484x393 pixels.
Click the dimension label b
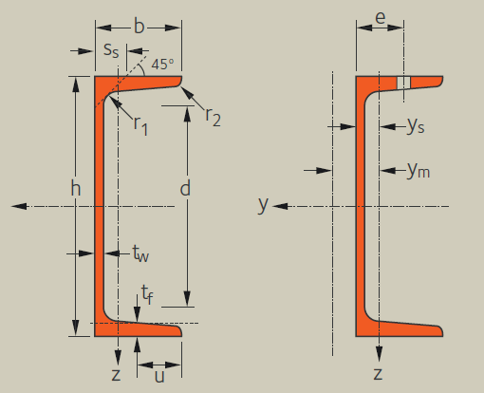(140, 26)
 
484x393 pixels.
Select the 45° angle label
(162, 65)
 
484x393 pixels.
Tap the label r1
(140, 125)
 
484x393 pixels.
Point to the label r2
(213, 117)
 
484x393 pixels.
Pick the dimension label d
(185, 188)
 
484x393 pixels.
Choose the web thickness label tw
(140, 253)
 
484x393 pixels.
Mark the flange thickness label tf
(147, 294)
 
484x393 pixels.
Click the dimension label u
(159, 376)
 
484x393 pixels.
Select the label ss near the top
(111, 50)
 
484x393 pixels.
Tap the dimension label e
(381, 18)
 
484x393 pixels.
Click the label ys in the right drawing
(416, 125)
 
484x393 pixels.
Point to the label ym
(419, 170)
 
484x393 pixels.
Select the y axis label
(263, 204)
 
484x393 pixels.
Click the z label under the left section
(116, 375)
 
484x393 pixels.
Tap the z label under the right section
(378, 374)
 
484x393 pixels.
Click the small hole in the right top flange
(403, 83)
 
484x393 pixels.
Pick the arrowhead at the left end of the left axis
(19, 206)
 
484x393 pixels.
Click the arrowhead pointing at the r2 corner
(186, 92)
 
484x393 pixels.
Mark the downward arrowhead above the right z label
(379, 354)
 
